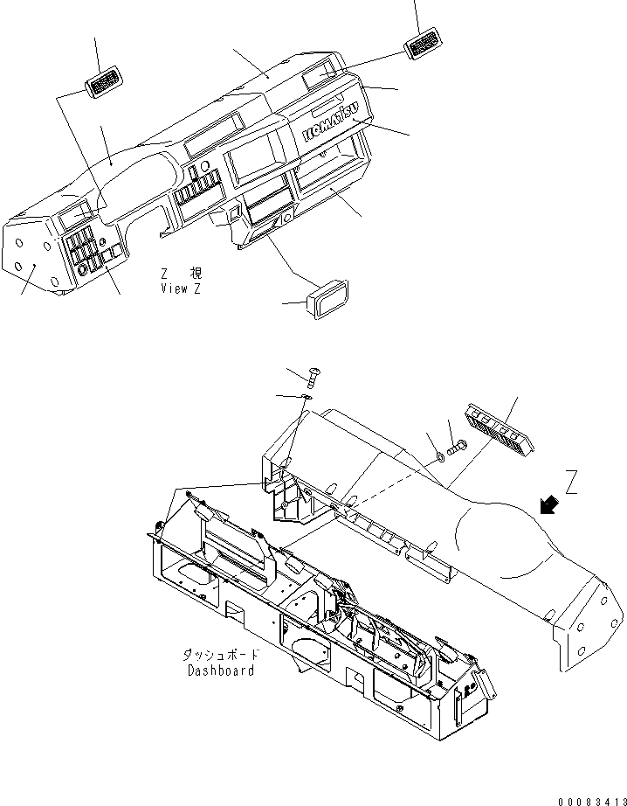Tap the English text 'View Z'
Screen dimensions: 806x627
[180, 288]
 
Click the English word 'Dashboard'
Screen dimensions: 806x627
[220, 671]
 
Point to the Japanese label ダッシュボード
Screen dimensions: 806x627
[220, 655]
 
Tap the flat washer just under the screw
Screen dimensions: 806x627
[307, 397]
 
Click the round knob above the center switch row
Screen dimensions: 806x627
[203, 167]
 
